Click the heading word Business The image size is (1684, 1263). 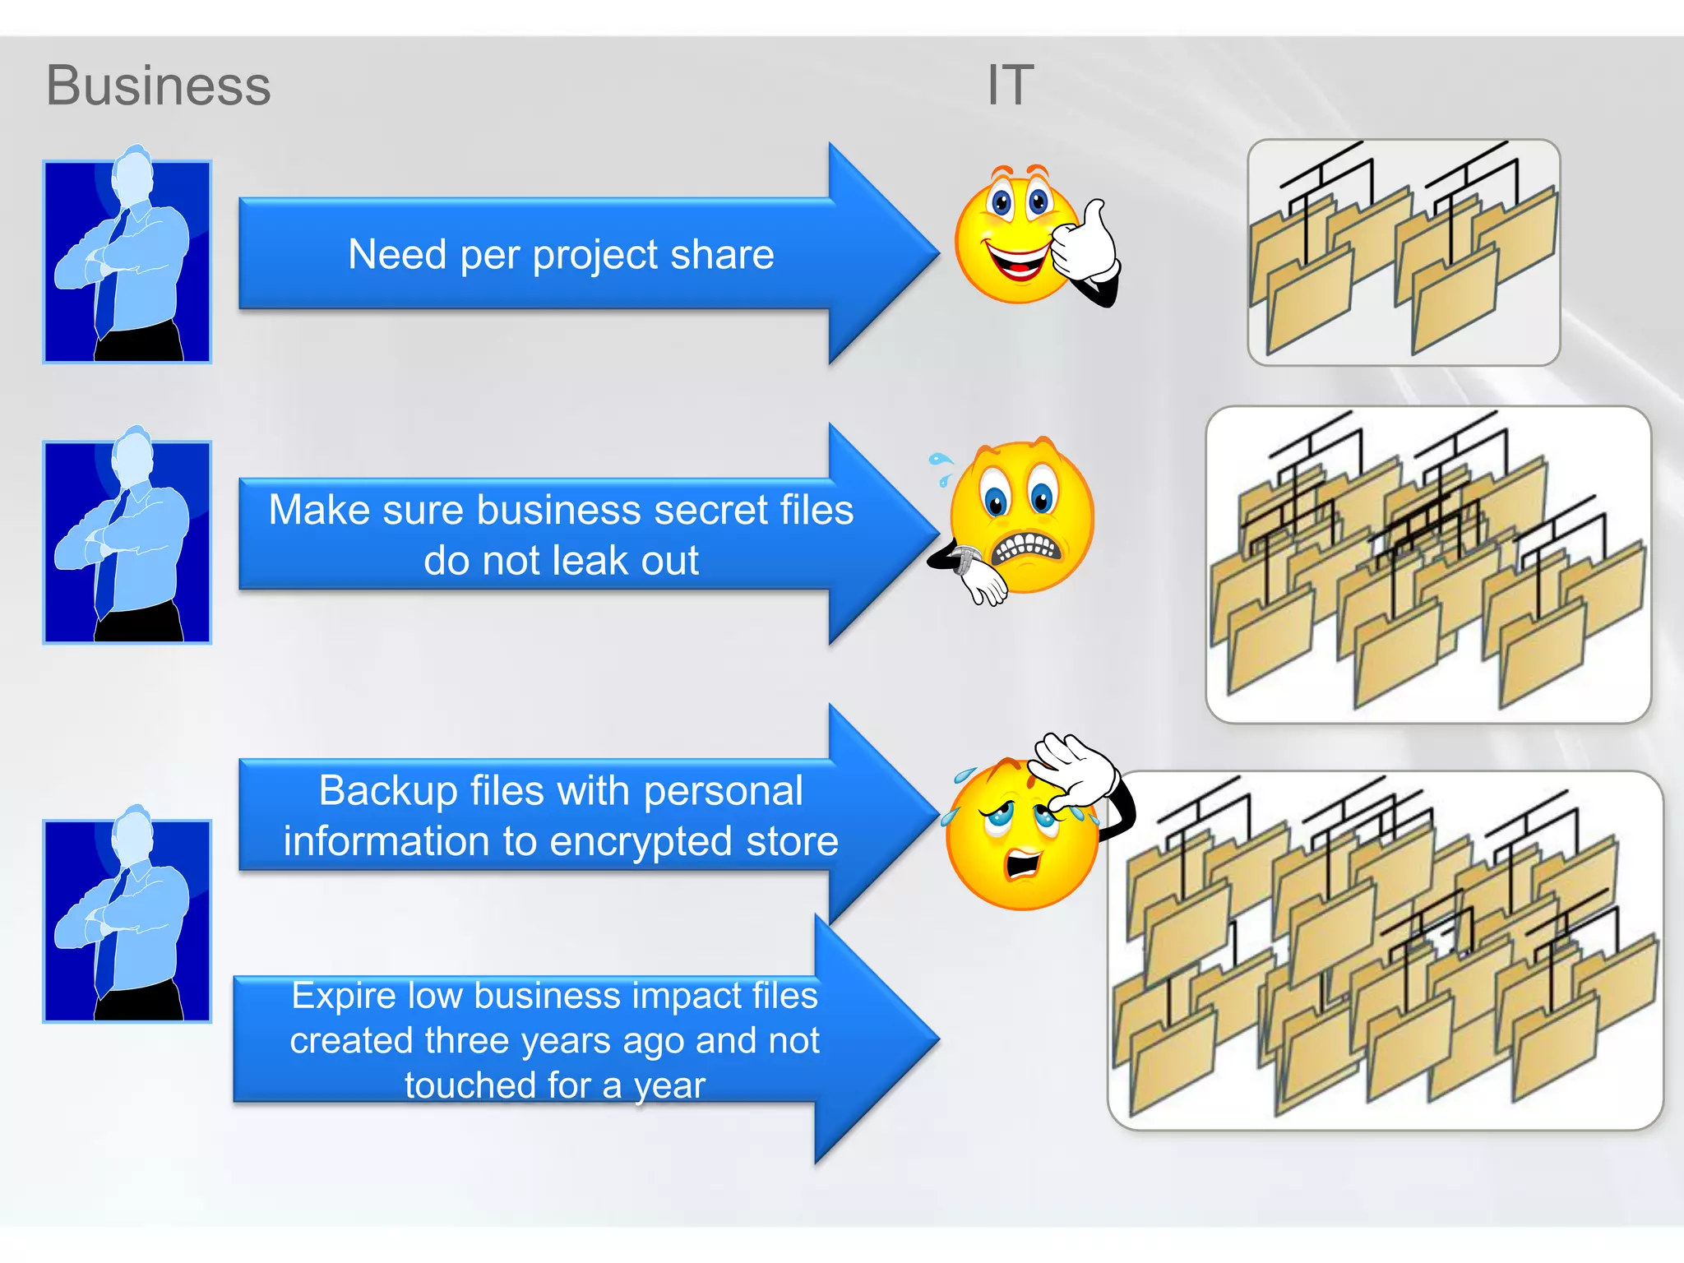coord(158,86)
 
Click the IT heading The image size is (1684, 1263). coord(1010,85)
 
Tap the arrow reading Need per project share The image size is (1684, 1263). coord(561,254)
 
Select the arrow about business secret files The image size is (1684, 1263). coord(561,534)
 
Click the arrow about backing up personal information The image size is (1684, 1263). coord(561,815)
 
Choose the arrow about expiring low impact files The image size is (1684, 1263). coord(554,1039)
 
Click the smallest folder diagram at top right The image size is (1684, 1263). coord(1403,252)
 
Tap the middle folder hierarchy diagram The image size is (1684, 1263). coord(1427,564)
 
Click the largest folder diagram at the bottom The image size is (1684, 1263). coord(1385,950)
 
